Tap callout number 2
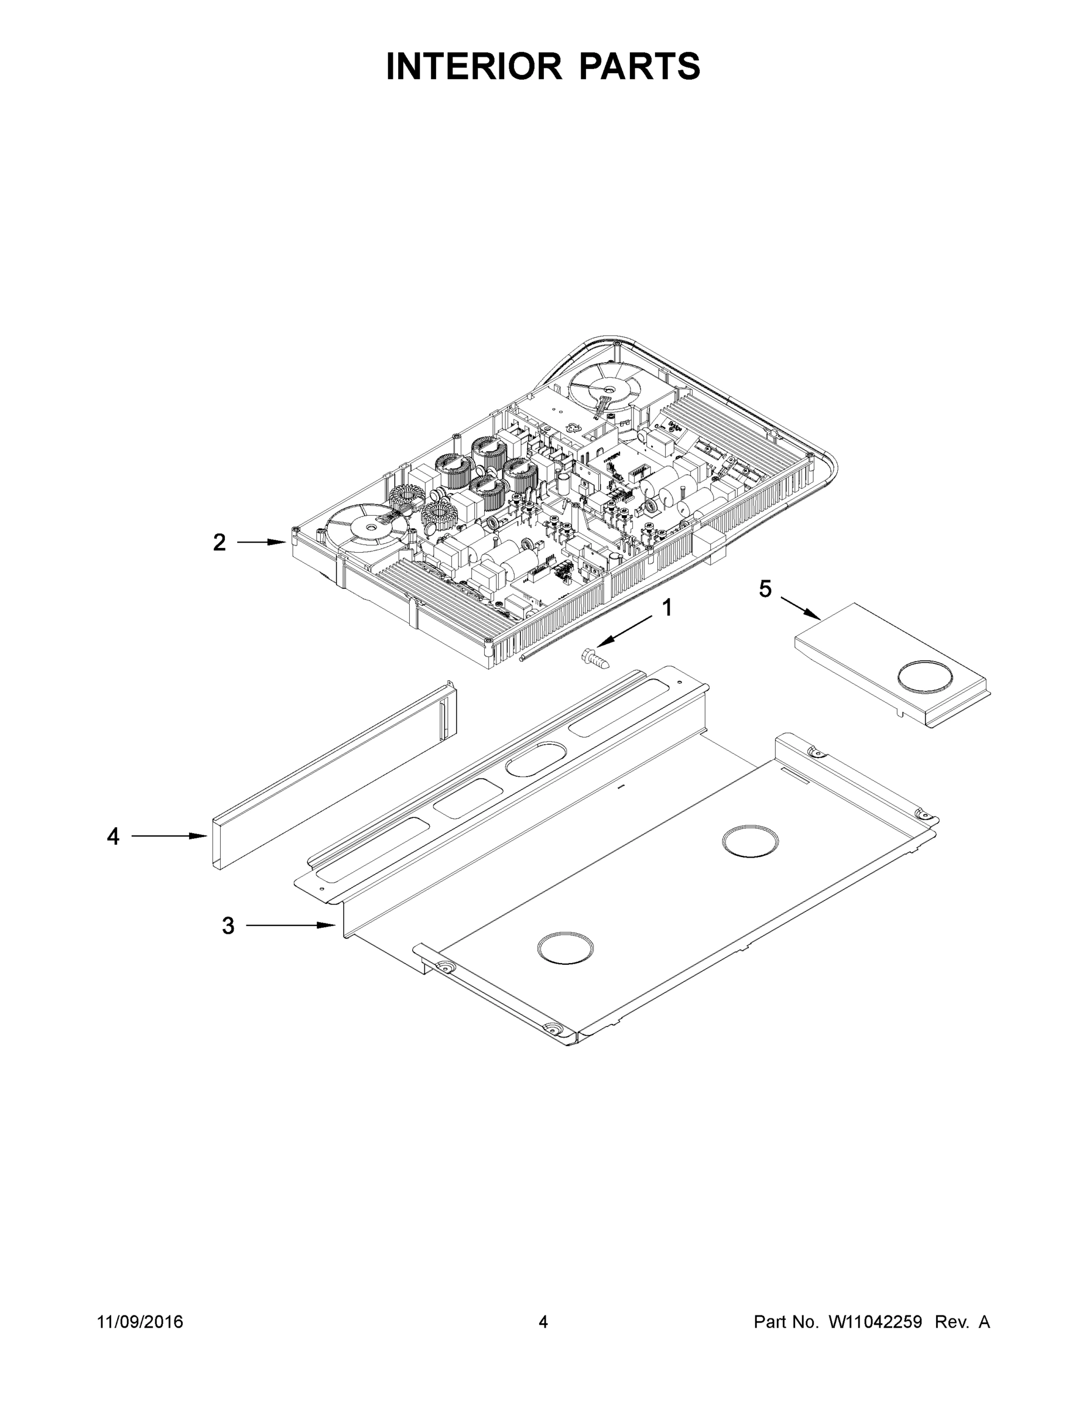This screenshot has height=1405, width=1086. [220, 543]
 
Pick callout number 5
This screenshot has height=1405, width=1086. [765, 588]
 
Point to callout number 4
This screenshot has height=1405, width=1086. [113, 837]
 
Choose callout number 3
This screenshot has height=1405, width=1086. [228, 926]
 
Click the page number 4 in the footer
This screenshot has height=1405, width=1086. [543, 1322]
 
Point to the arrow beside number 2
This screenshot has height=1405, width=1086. [261, 542]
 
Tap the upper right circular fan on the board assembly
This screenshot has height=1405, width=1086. [605, 389]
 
